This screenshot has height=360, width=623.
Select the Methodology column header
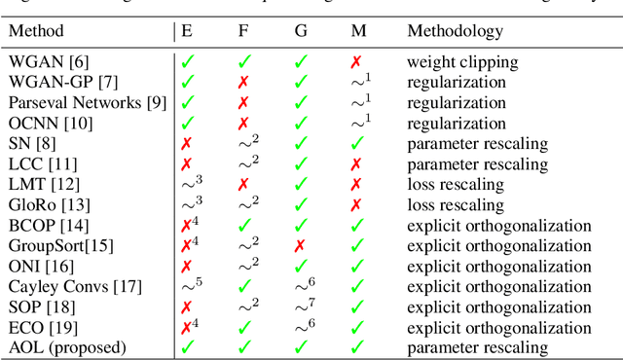pyautogui.click(x=456, y=31)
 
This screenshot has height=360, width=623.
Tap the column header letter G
pyautogui.click(x=302, y=31)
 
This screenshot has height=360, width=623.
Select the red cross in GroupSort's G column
pyautogui.click(x=302, y=245)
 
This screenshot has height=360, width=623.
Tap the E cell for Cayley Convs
pyautogui.click(x=189, y=285)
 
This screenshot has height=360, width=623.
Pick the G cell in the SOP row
pyautogui.click(x=305, y=306)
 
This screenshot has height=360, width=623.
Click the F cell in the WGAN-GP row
pyautogui.click(x=243, y=82)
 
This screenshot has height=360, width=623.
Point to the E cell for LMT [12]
pyautogui.click(x=189, y=183)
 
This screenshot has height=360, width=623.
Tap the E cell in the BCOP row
pyautogui.click(x=189, y=225)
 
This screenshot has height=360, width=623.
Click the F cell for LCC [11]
pyautogui.click(x=246, y=162)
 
